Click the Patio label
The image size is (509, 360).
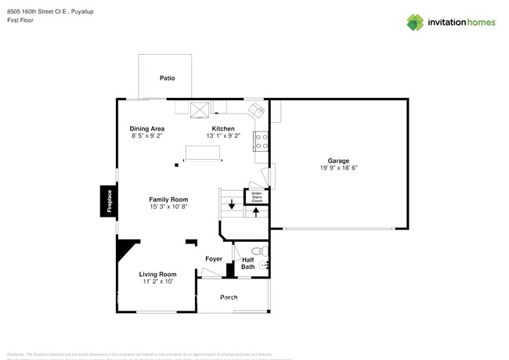point(167,78)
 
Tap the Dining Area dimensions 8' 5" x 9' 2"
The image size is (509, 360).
point(146,136)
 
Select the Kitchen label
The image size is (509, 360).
point(223,128)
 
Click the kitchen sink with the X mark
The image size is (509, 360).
point(200,110)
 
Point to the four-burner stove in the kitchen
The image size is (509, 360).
point(262,141)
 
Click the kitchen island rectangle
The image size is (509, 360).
point(202,152)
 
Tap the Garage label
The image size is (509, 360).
point(338,160)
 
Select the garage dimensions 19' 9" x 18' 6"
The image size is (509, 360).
point(338,168)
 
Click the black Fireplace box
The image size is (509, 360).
point(109,201)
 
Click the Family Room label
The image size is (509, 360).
point(168,200)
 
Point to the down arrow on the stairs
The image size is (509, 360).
point(231,206)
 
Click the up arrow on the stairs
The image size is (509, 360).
point(255,212)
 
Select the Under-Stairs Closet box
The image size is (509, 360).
point(256,196)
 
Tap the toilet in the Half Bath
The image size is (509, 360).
point(263,250)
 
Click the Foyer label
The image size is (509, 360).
point(214,259)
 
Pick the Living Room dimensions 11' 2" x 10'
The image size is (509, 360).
point(157,282)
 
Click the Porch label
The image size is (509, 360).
point(229,297)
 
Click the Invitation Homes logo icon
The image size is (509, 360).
point(415,23)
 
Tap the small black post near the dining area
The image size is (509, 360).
point(176,164)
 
